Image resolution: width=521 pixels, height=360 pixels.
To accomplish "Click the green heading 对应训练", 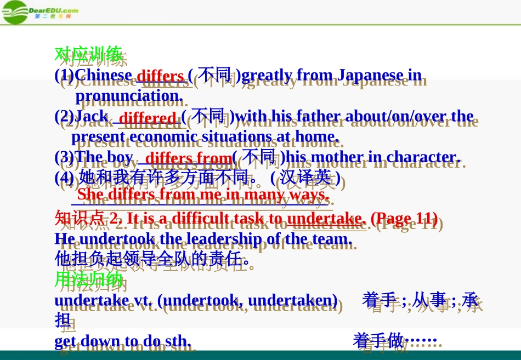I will [x=88, y=54].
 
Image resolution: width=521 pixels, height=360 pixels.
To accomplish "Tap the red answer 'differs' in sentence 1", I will [x=160, y=76].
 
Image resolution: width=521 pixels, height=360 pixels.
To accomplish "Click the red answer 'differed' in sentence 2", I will [x=148, y=118].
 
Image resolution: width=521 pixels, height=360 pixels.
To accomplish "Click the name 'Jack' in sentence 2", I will [x=92, y=116].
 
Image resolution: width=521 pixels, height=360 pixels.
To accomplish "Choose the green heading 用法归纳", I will [x=88, y=279].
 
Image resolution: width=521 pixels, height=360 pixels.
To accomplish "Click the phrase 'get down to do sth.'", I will [x=123, y=341].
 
